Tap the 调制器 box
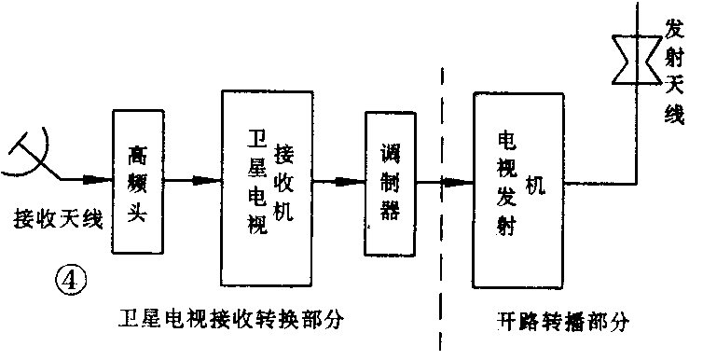coord(390,184)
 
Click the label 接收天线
coord(57,218)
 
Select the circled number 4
coord(71,278)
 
